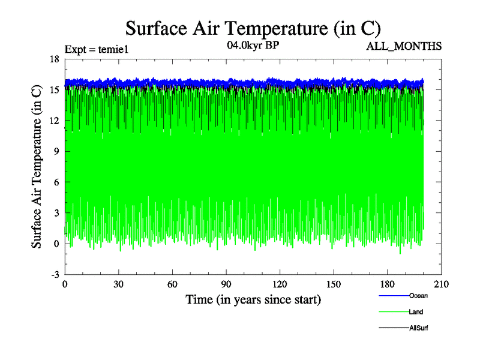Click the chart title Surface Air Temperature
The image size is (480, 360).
point(253,28)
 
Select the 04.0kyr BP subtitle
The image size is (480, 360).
point(253,45)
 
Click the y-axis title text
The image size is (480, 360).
point(37,166)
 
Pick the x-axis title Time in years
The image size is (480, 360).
point(253,299)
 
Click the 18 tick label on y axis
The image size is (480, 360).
point(54,59)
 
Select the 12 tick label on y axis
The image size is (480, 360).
point(54,120)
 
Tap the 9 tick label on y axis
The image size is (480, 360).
point(56,151)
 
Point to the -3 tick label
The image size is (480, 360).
point(54,274)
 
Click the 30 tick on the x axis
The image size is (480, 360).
point(119,284)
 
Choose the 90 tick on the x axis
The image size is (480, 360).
point(226,284)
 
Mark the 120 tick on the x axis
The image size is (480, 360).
point(280,284)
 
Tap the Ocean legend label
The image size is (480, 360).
point(418,296)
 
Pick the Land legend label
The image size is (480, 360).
point(416,312)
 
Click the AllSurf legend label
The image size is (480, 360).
point(419,328)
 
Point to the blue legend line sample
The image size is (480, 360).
point(394,296)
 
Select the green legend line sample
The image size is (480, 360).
point(394,313)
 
